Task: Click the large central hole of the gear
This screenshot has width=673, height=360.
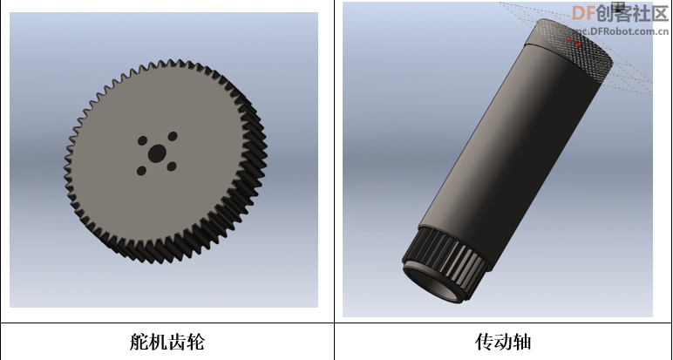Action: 157,153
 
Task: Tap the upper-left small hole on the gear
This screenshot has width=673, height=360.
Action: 142,140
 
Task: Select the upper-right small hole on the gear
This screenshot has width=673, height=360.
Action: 173,137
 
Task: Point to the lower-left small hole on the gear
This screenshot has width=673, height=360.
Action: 141,171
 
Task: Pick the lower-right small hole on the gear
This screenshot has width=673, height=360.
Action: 172,166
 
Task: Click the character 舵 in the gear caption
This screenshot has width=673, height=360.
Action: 139,342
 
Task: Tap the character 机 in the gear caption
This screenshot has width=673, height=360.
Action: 158,342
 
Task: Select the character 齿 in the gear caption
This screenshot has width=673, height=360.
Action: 176,342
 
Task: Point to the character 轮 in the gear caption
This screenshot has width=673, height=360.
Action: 195,342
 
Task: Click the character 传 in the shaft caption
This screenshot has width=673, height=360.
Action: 484,342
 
